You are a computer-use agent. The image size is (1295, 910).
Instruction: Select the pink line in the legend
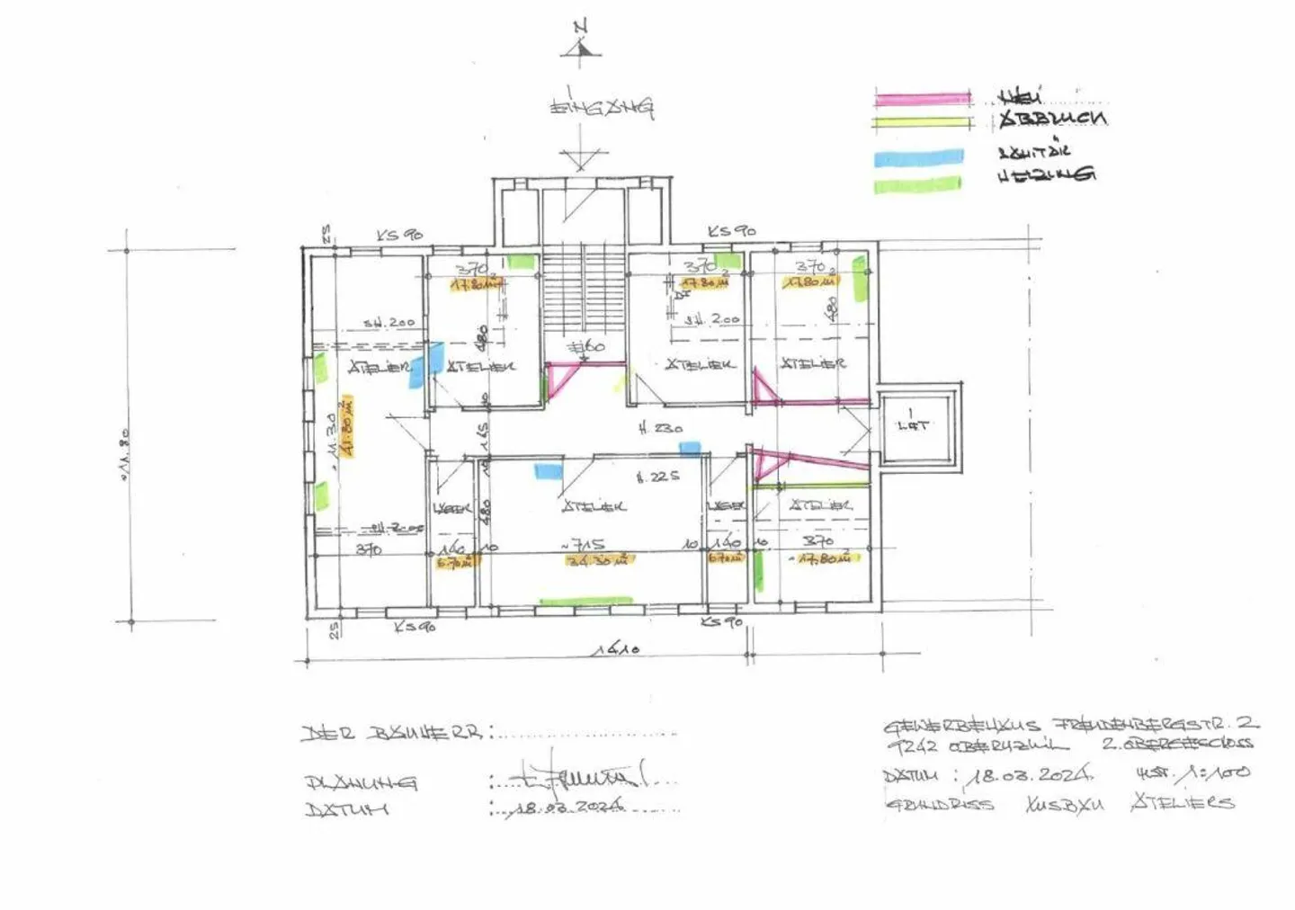[x=923, y=98]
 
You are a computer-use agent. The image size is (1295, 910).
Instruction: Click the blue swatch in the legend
[x=917, y=158]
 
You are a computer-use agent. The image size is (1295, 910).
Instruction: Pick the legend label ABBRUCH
[x=1052, y=119]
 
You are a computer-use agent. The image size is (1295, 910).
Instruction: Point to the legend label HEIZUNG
[x=1046, y=174]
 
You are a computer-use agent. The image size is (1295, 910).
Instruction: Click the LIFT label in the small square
[x=913, y=425]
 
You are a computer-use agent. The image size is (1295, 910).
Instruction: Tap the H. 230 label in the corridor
[x=660, y=429]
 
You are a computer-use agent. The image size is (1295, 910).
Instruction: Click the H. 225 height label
[x=658, y=477]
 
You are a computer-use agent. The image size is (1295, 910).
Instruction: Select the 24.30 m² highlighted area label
[x=600, y=559]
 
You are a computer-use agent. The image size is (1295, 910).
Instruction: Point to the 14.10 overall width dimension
[x=616, y=647]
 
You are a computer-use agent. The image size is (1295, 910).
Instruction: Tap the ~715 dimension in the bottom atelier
[x=585, y=544]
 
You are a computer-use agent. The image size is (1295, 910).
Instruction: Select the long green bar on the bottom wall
[x=585, y=601]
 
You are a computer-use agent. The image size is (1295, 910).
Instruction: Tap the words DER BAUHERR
[x=391, y=732]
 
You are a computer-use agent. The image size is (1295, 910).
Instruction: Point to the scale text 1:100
[x=1213, y=772]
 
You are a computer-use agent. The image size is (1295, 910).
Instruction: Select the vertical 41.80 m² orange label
[x=346, y=424]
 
